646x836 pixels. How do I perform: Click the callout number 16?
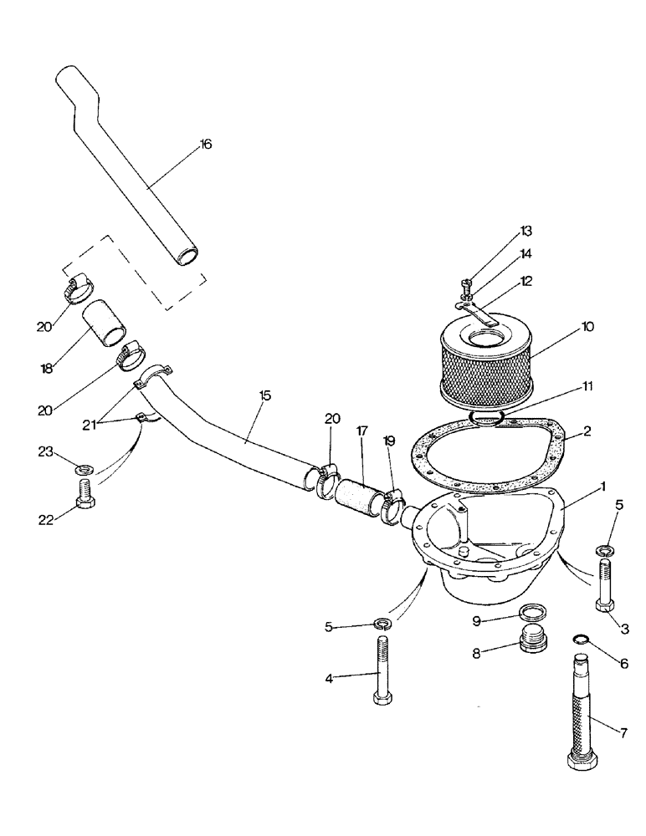pyautogui.click(x=205, y=145)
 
